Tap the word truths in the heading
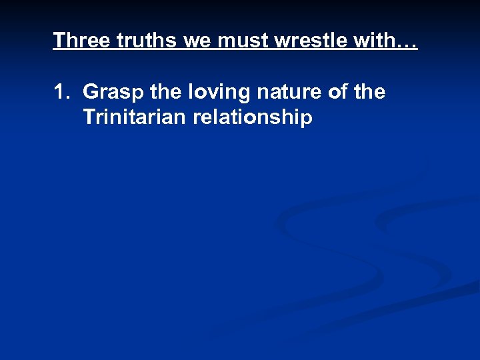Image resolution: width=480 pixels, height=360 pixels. point(147,41)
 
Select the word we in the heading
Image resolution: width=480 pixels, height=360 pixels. point(198,41)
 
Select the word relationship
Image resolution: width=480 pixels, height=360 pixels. point(253,119)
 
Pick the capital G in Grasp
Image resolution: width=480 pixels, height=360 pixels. point(91,92)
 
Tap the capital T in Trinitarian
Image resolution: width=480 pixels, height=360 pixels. point(89,118)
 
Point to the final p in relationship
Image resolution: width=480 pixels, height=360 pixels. point(307,120)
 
